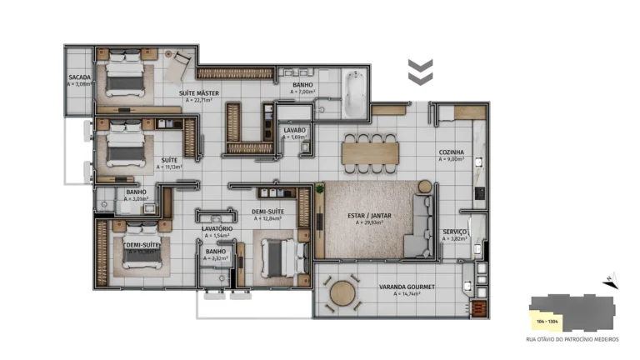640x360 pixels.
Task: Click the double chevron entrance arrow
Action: pos(419,72)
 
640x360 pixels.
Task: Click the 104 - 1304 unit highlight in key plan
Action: pos(547,321)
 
